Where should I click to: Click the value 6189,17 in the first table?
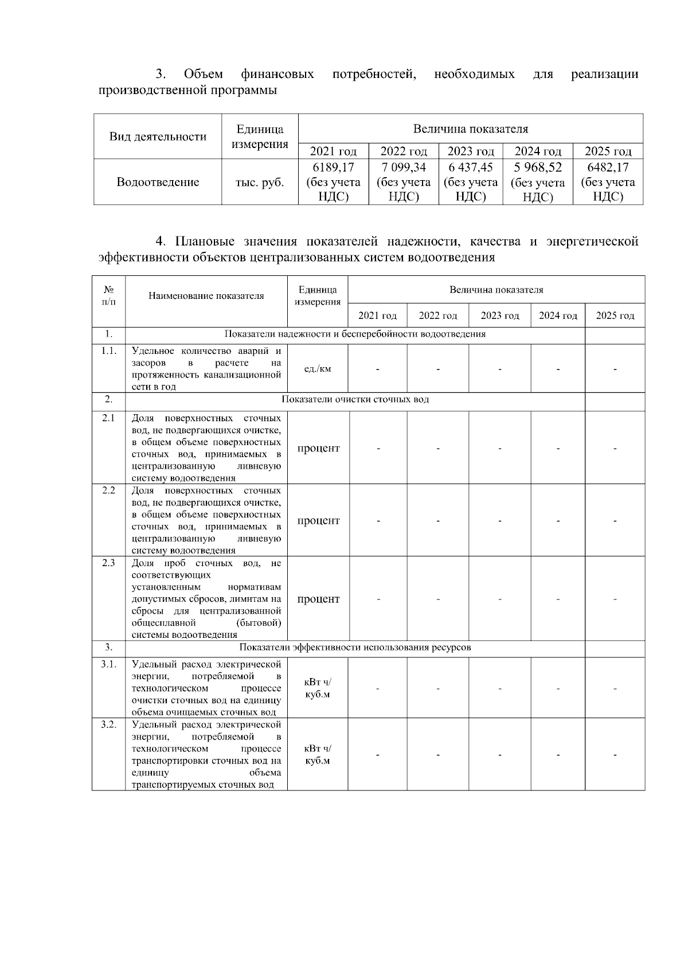tap(333, 167)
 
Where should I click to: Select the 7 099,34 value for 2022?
tap(404, 167)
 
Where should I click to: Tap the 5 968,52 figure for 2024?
tap(538, 167)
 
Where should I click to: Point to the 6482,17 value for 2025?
tap(608, 167)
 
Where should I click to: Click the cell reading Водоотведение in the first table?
tap(158, 182)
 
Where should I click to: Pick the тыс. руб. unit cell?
tap(260, 182)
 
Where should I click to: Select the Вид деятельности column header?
tap(158, 137)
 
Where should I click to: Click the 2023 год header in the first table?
tap(471, 151)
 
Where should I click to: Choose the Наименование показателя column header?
tap(206, 296)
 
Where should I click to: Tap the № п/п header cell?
tap(108, 296)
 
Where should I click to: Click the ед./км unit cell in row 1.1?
tap(318, 369)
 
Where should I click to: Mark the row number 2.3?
tap(108, 563)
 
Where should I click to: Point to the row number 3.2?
tap(108, 724)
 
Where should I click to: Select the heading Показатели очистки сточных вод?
tap(355, 399)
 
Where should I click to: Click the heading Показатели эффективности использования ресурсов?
tap(355, 648)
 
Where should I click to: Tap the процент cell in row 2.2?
tap(318, 521)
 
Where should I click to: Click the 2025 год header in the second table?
tap(615, 315)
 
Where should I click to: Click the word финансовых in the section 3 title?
tap(277, 74)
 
